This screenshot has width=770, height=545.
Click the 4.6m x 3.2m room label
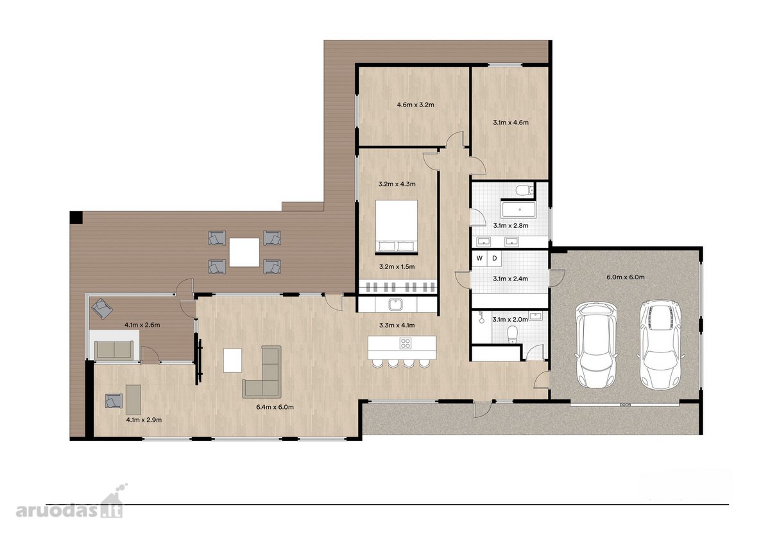415,105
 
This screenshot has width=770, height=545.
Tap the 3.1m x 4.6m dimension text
511,123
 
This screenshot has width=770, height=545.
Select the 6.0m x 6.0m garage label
626,277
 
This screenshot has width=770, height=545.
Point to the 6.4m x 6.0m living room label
275,407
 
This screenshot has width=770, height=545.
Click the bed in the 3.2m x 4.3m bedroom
397,227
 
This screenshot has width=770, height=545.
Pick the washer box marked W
479,258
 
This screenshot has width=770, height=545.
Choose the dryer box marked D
494,258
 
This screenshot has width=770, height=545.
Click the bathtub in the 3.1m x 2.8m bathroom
518,209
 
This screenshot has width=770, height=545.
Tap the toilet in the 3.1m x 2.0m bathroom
512,334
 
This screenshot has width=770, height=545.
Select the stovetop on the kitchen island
406,343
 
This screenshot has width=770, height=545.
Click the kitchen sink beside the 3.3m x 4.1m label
397,304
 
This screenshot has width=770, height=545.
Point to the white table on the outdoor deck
244,252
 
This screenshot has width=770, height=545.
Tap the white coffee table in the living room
232,360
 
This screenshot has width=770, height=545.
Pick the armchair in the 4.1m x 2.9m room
114,401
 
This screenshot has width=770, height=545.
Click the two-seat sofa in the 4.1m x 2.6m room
114,350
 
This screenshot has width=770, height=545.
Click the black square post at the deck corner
76,218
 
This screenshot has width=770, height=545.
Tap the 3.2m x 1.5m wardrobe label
397,266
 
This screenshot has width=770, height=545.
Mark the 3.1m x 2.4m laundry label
511,279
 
